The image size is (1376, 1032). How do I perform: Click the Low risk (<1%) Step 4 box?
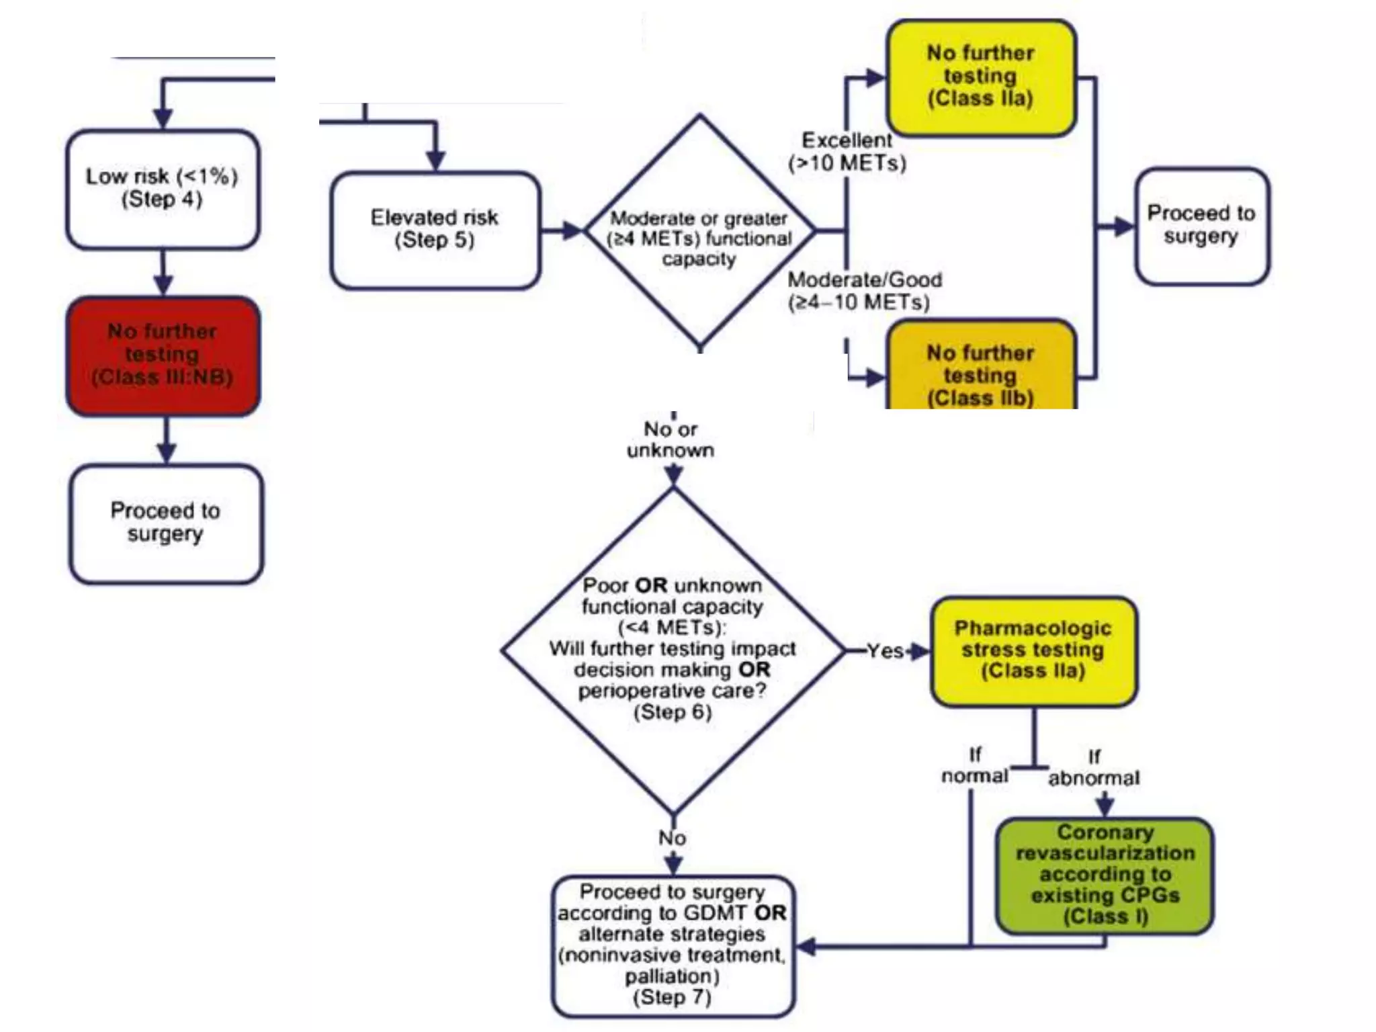(163, 189)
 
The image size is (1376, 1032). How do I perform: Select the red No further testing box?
(163, 355)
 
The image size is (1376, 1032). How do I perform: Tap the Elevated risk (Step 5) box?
(435, 230)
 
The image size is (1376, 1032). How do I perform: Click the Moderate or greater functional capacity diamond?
(699, 232)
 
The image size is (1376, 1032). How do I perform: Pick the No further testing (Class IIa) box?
(980, 77)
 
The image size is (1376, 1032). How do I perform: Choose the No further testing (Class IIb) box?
(980, 370)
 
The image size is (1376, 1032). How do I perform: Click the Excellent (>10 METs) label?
(847, 152)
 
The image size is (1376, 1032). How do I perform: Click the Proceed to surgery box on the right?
(1201, 225)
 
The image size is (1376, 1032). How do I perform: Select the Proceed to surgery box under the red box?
(165, 522)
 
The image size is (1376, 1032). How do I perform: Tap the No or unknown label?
(671, 439)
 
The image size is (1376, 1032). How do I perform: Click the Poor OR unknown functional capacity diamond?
(673, 649)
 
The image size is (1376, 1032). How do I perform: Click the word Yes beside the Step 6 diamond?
(884, 650)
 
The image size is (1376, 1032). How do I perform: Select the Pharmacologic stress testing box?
(1033, 650)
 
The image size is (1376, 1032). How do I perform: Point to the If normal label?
(974, 766)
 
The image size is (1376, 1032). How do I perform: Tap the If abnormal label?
(1094, 767)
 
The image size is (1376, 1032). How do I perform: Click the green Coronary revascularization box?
(1105, 874)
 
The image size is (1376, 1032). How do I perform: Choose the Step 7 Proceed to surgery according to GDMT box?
(673, 945)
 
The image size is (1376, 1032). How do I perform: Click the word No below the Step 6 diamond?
(672, 838)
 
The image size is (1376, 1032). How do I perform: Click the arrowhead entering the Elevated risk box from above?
(436, 161)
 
